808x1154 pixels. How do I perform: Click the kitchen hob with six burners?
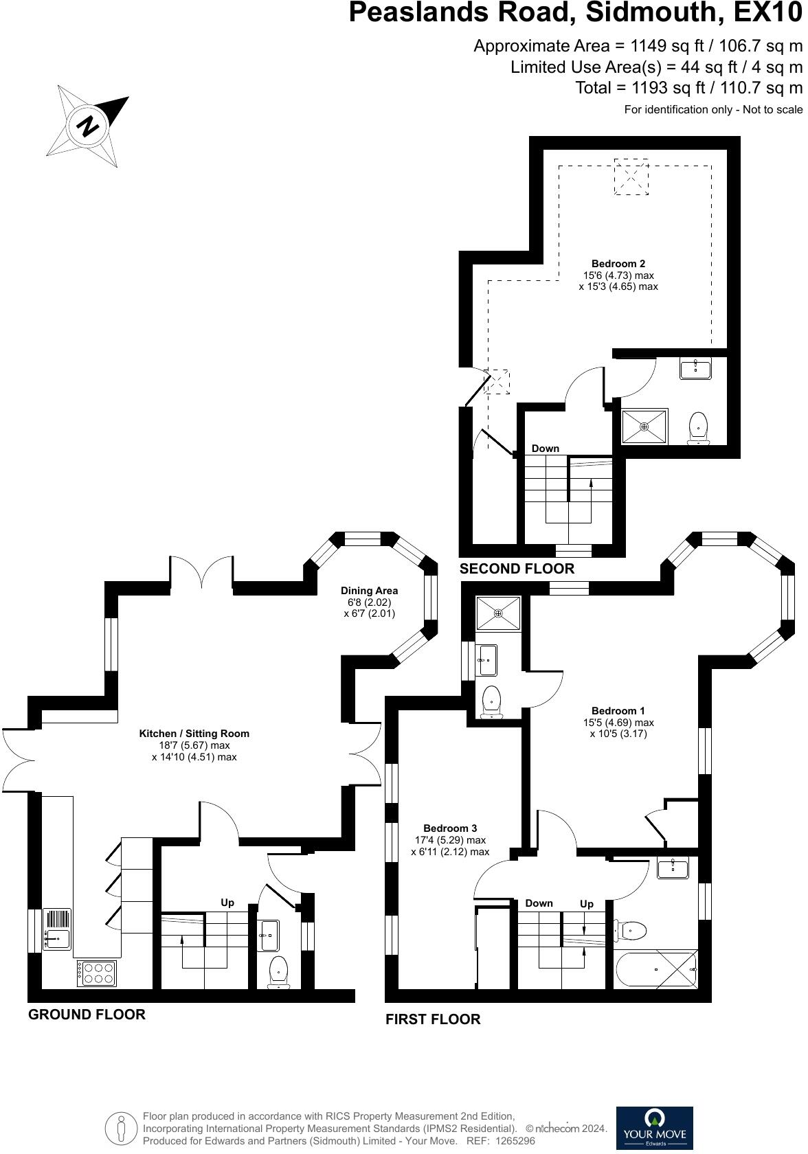click(98, 973)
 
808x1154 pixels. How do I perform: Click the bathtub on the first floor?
click(656, 969)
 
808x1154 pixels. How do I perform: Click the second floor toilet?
click(698, 427)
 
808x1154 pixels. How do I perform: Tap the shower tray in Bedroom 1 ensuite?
click(499, 613)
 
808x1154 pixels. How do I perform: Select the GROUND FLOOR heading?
click(87, 1015)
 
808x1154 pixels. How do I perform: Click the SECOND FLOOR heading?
click(517, 569)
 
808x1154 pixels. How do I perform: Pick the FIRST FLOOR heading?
click(432, 1019)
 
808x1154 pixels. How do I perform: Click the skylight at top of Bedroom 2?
click(631, 177)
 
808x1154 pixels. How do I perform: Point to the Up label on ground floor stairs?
click(227, 902)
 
